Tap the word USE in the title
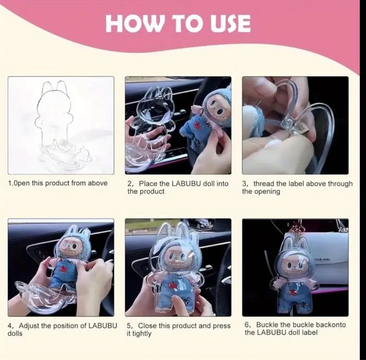tap(230, 23)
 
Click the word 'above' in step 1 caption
tap(97, 183)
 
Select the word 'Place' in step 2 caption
tap(148, 183)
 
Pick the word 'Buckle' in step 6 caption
tap(267, 324)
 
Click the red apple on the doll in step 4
tap(62, 269)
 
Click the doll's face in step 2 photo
tap(218, 109)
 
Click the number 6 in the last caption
tap(246, 325)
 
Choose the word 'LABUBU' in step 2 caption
tap(186, 183)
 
